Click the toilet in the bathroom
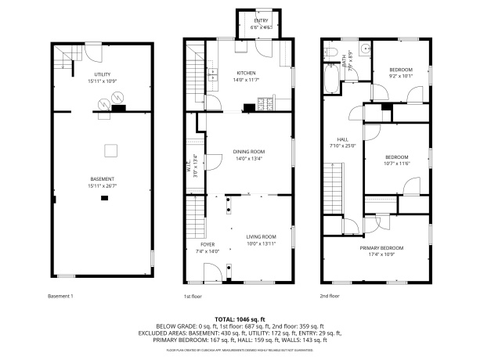click(330, 53)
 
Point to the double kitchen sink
click(212, 74)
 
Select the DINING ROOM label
click(249, 152)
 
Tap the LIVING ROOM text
click(262, 237)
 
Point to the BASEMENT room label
click(101, 179)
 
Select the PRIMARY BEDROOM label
click(380, 248)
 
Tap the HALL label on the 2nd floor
click(341, 139)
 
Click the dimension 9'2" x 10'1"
click(400, 77)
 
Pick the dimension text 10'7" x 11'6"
click(396, 162)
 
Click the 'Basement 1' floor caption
click(60, 296)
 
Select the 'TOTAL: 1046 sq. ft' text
click(240, 319)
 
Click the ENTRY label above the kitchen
click(260, 22)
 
